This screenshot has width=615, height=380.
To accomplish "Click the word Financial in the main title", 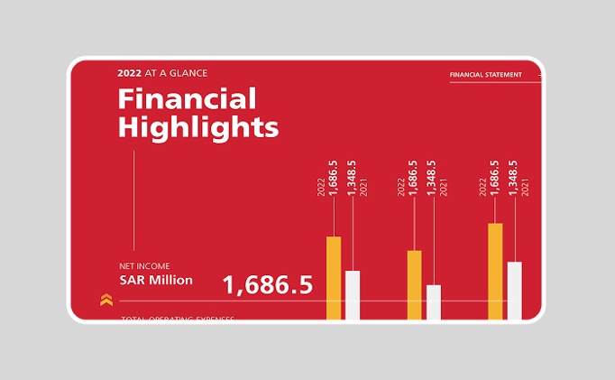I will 188,98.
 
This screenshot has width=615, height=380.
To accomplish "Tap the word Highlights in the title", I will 198,126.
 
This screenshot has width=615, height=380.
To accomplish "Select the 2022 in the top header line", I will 129,73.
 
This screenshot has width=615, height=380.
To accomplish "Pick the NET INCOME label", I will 144,266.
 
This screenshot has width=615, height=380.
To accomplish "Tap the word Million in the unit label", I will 170,280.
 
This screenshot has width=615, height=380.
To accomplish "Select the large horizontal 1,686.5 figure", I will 267,285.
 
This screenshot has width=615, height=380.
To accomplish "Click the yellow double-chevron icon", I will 106,300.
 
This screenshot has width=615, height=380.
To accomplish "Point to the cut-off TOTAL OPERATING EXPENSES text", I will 178,319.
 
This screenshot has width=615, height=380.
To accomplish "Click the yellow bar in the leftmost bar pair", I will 334,277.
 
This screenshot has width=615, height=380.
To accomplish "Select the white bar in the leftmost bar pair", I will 353,294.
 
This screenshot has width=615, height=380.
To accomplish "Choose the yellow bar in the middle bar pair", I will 415,284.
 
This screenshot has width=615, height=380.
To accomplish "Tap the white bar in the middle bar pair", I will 434,301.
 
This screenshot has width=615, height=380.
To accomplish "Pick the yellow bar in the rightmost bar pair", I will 495,271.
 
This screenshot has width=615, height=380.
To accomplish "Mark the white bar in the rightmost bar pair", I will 515,290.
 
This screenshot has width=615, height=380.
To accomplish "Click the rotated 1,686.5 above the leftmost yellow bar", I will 334,178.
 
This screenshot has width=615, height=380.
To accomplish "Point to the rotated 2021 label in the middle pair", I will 444,188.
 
